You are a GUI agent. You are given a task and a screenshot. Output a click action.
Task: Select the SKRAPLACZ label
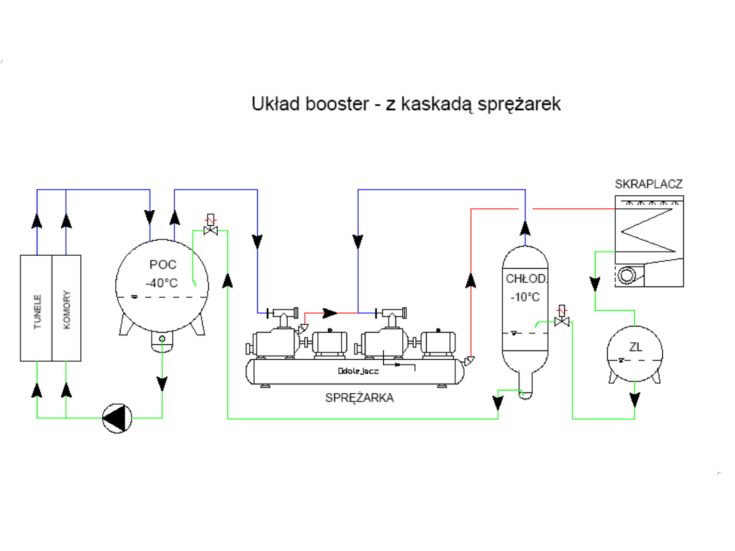(x=648, y=184)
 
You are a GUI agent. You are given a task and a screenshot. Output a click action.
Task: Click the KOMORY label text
(x=67, y=310)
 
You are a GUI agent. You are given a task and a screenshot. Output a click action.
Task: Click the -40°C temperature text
(x=161, y=282)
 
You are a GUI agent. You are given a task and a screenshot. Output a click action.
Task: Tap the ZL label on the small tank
(x=636, y=348)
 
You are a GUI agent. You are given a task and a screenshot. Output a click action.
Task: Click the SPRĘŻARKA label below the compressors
(x=359, y=398)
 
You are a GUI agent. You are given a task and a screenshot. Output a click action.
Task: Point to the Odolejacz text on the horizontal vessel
(x=358, y=371)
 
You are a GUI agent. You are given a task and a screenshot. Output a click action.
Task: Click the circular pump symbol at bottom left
(x=116, y=418)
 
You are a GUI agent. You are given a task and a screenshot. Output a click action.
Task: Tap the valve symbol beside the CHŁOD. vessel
(x=562, y=318)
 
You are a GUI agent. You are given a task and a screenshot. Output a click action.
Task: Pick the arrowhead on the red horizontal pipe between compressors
(x=330, y=313)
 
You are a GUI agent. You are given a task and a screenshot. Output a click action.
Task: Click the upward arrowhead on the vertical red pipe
(x=470, y=279)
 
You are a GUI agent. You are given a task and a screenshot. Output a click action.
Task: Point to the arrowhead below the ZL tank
(x=635, y=400)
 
